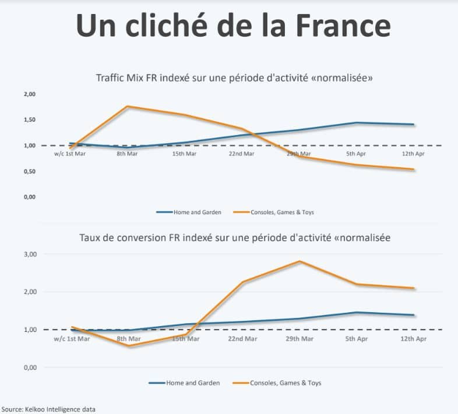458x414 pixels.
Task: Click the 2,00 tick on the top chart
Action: tap(29, 94)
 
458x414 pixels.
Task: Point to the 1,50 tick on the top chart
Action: tap(29, 120)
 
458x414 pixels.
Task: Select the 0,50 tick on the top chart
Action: tap(29, 171)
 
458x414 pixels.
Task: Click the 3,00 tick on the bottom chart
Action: tap(29, 254)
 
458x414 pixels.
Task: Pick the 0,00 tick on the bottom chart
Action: tap(29, 367)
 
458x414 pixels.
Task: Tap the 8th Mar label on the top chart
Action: tap(127, 154)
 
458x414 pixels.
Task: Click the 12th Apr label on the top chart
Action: tap(414, 154)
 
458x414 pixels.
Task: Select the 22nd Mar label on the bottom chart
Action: tap(242, 338)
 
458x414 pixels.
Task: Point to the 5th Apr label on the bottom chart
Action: tap(357, 338)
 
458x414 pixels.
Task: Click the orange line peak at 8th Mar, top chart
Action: tap(128, 107)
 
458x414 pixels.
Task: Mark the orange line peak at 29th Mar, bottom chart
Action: tap(300, 261)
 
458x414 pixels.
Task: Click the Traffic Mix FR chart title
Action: tap(234, 78)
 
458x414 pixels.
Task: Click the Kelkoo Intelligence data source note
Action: tap(48, 409)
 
